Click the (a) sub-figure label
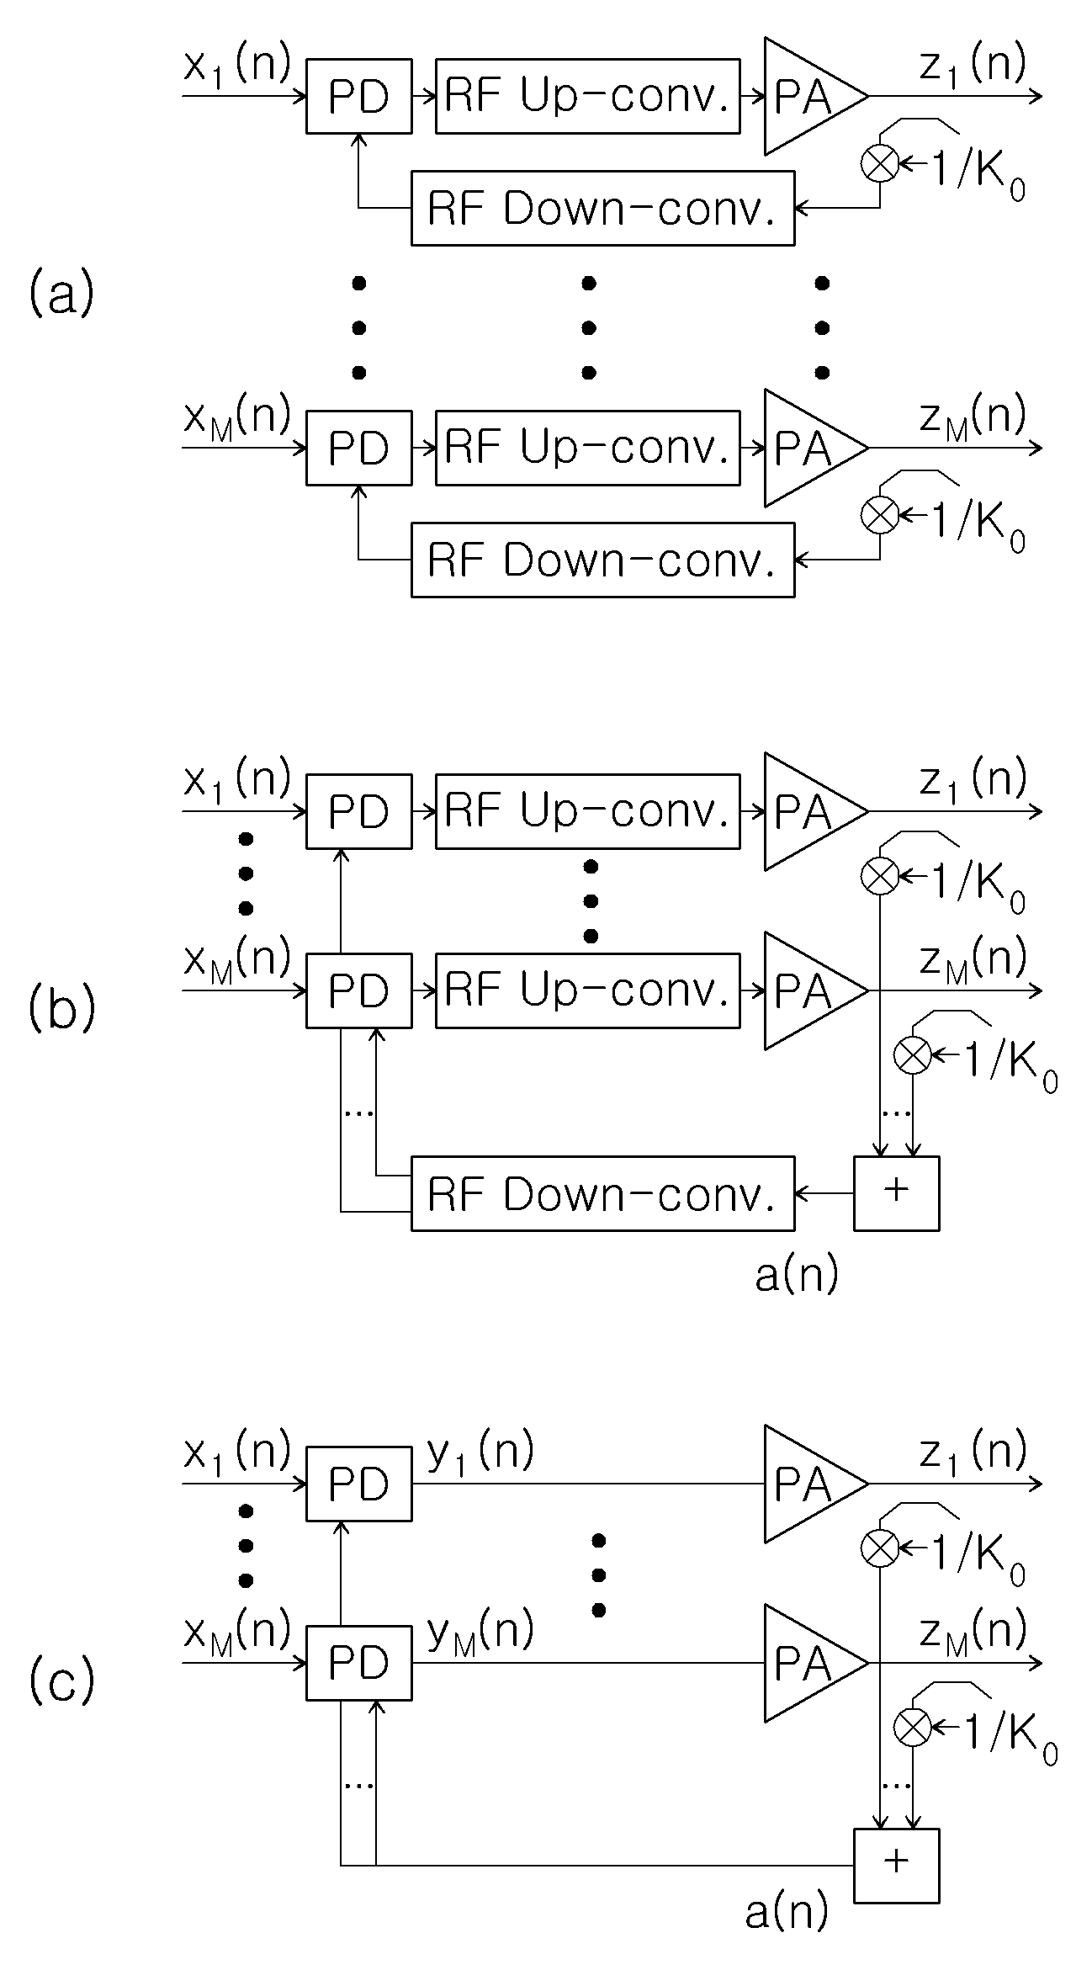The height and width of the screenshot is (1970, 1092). click(61, 295)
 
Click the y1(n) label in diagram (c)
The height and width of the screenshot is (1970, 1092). click(480, 1453)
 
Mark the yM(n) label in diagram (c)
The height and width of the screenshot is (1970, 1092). click(480, 1633)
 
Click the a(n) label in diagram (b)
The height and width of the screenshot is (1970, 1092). click(797, 1275)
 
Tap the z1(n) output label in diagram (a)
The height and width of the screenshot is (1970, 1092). click(973, 66)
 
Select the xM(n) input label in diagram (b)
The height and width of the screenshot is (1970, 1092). click(237, 960)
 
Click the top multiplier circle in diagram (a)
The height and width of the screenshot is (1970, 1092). click(880, 163)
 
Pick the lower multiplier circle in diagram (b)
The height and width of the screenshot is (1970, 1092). click(912, 1055)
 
